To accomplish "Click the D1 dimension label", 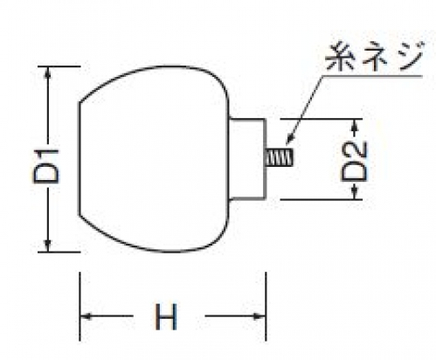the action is pyautogui.click(x=46, y=166).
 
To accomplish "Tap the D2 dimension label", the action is pyautogui.click(x=354, y=161).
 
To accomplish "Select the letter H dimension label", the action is pyautogui.click(x=166, y=316).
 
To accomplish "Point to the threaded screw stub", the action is pyautogui.click(x=280, y=157).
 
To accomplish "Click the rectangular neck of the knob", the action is pyautogui.click(x=247, y=159).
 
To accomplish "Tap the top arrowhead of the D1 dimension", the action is pyautogui.click(x=48, y=72).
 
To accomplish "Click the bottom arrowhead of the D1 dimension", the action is pyautogui.click(x=48, y=246).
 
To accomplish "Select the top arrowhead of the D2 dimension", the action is pyautogui.click(x=354, y=124).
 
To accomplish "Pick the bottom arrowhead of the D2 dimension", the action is pyautogui.click(x=354, y=194).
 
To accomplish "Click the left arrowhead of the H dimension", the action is pyautogui.click(x=86, y=316).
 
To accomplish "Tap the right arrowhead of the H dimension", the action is pyautogui.click(x=260, y=316).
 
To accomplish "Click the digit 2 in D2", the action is pyautogui.click(x=354, y=152).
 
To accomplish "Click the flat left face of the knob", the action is pyautogui.click(x=79, y=159).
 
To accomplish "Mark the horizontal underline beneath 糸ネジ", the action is pyautogui.click(x=372, y=76).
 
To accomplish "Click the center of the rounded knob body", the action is pyautogui.click(x=154, y=159).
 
